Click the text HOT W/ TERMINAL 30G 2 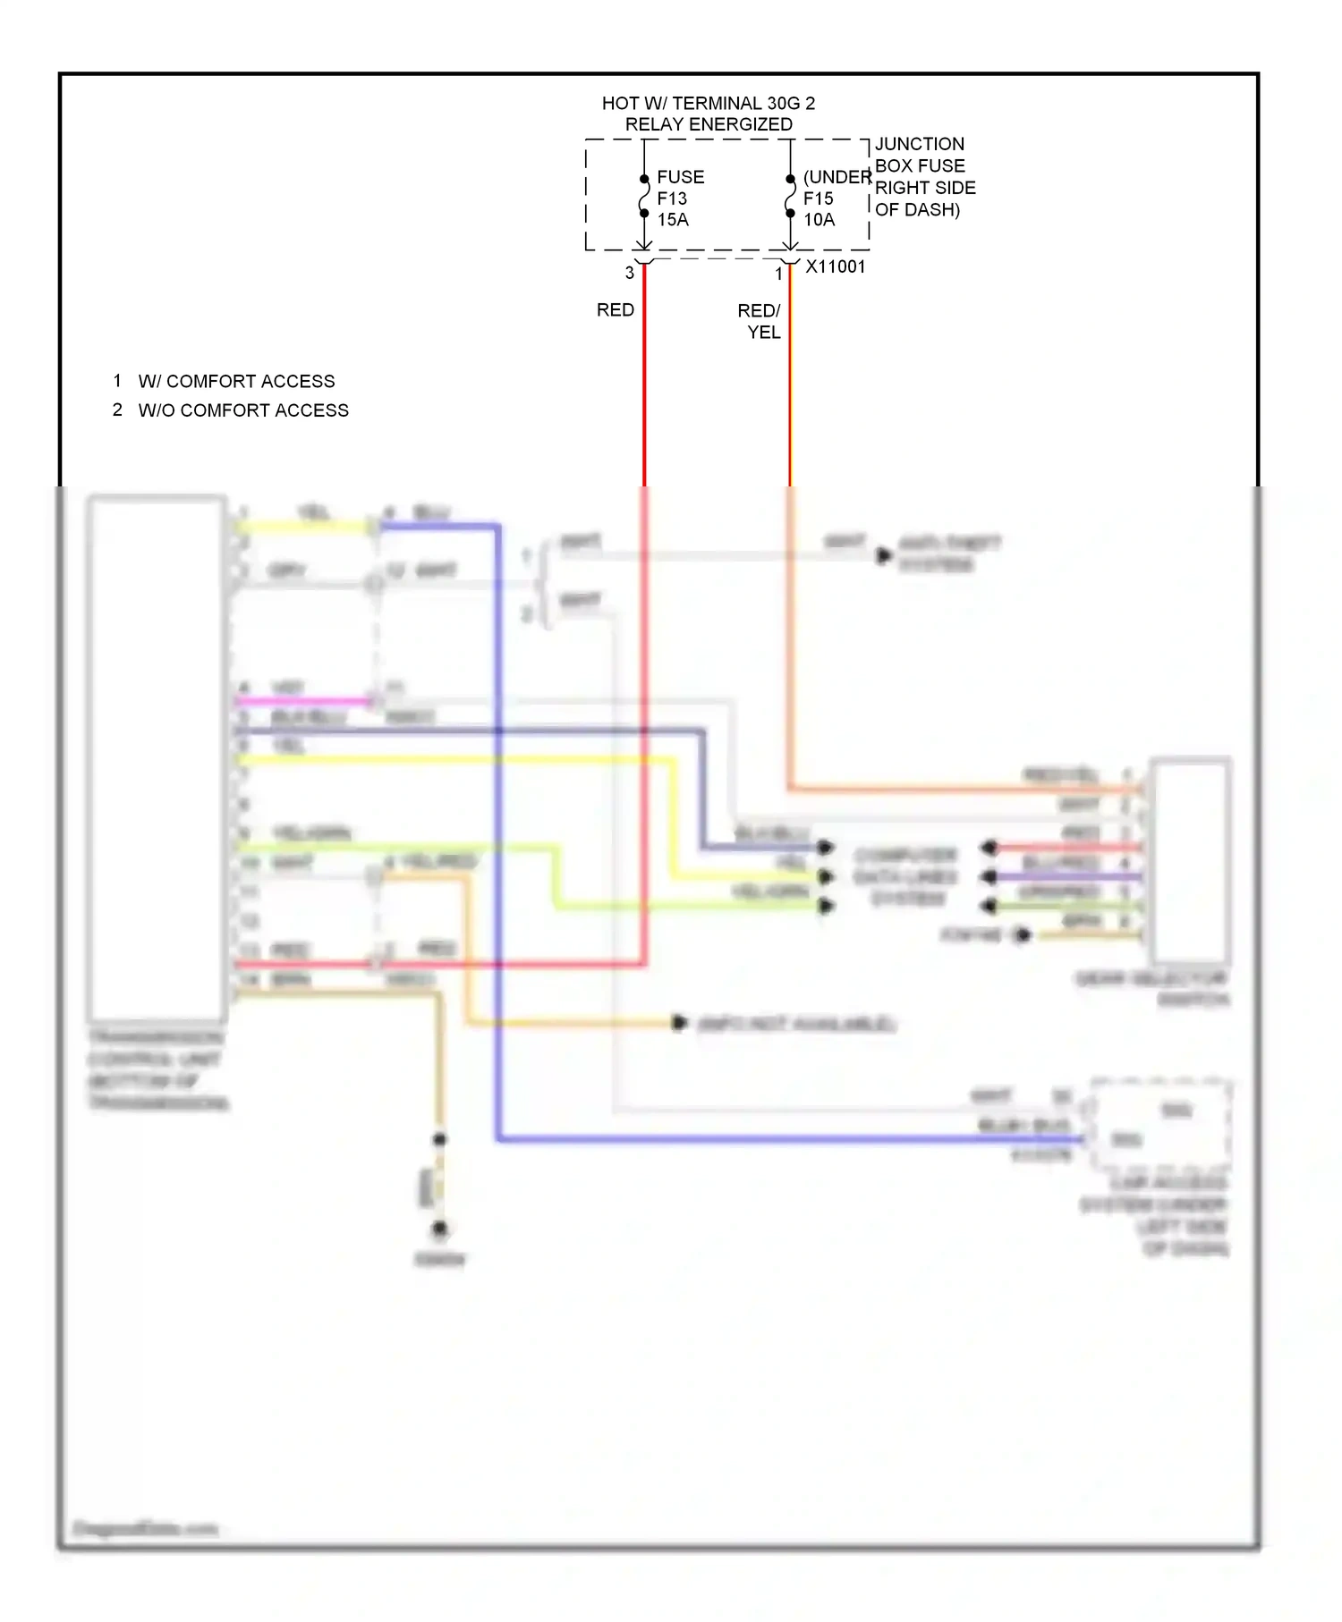708,104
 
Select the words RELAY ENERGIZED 708,124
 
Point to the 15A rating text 673,220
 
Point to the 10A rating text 819,220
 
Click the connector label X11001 836,266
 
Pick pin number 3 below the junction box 630,273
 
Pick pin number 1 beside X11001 778,274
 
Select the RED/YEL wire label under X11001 760,321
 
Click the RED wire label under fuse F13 616,310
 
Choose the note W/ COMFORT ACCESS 236,382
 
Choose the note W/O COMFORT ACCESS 243,410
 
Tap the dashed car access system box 1160,1125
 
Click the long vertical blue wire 497,832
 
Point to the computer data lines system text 905,876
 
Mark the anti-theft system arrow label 948,554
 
